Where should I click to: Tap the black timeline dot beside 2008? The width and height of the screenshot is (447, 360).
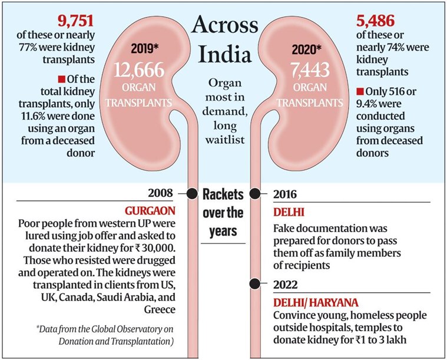(192, 193)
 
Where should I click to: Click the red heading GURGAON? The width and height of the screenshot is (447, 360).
(153, 210)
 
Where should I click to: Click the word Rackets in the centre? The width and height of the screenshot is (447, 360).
(224, 194)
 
